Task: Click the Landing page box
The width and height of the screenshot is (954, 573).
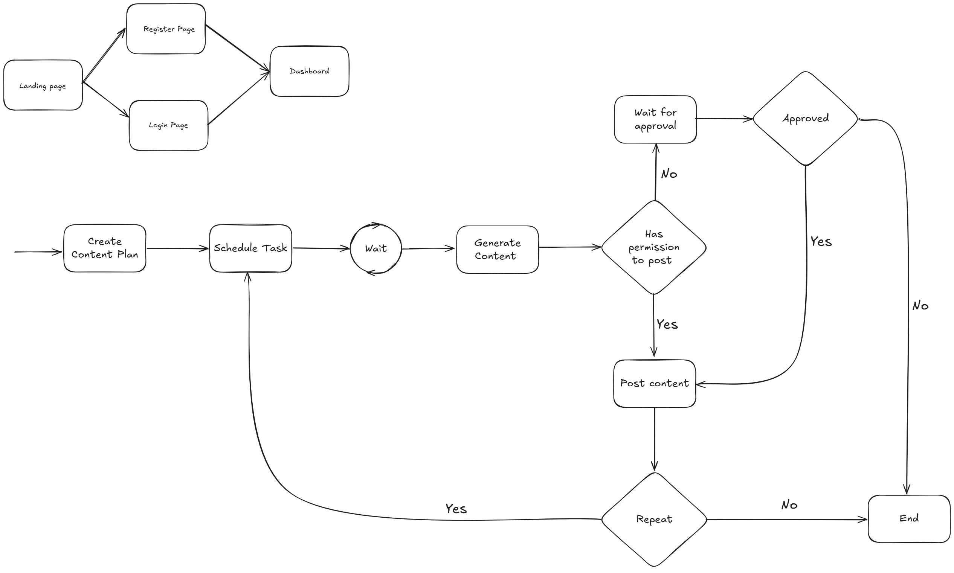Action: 43,85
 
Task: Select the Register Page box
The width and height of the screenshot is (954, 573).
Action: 166,29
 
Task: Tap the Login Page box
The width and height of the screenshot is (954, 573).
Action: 168,125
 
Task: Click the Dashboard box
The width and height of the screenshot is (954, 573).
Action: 309,71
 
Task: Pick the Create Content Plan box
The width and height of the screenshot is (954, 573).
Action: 105,248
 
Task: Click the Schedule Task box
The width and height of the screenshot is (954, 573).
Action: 250,248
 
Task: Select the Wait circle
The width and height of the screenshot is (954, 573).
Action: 376,248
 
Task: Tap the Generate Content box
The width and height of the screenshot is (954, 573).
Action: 497,250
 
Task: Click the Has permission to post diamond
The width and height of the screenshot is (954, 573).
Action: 653,247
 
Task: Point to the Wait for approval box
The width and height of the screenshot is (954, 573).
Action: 655,119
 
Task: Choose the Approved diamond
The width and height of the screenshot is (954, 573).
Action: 805,119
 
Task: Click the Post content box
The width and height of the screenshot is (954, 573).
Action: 654,383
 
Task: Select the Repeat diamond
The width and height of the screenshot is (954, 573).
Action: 654,519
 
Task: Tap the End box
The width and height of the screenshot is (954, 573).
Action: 909,518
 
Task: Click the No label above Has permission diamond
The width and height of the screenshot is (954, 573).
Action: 669,174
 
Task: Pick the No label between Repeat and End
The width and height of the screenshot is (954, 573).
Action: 789,505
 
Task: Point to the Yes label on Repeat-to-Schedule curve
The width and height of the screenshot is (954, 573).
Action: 456,509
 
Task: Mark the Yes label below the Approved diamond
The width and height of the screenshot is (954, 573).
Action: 821,242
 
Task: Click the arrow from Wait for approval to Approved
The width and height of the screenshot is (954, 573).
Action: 724,119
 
